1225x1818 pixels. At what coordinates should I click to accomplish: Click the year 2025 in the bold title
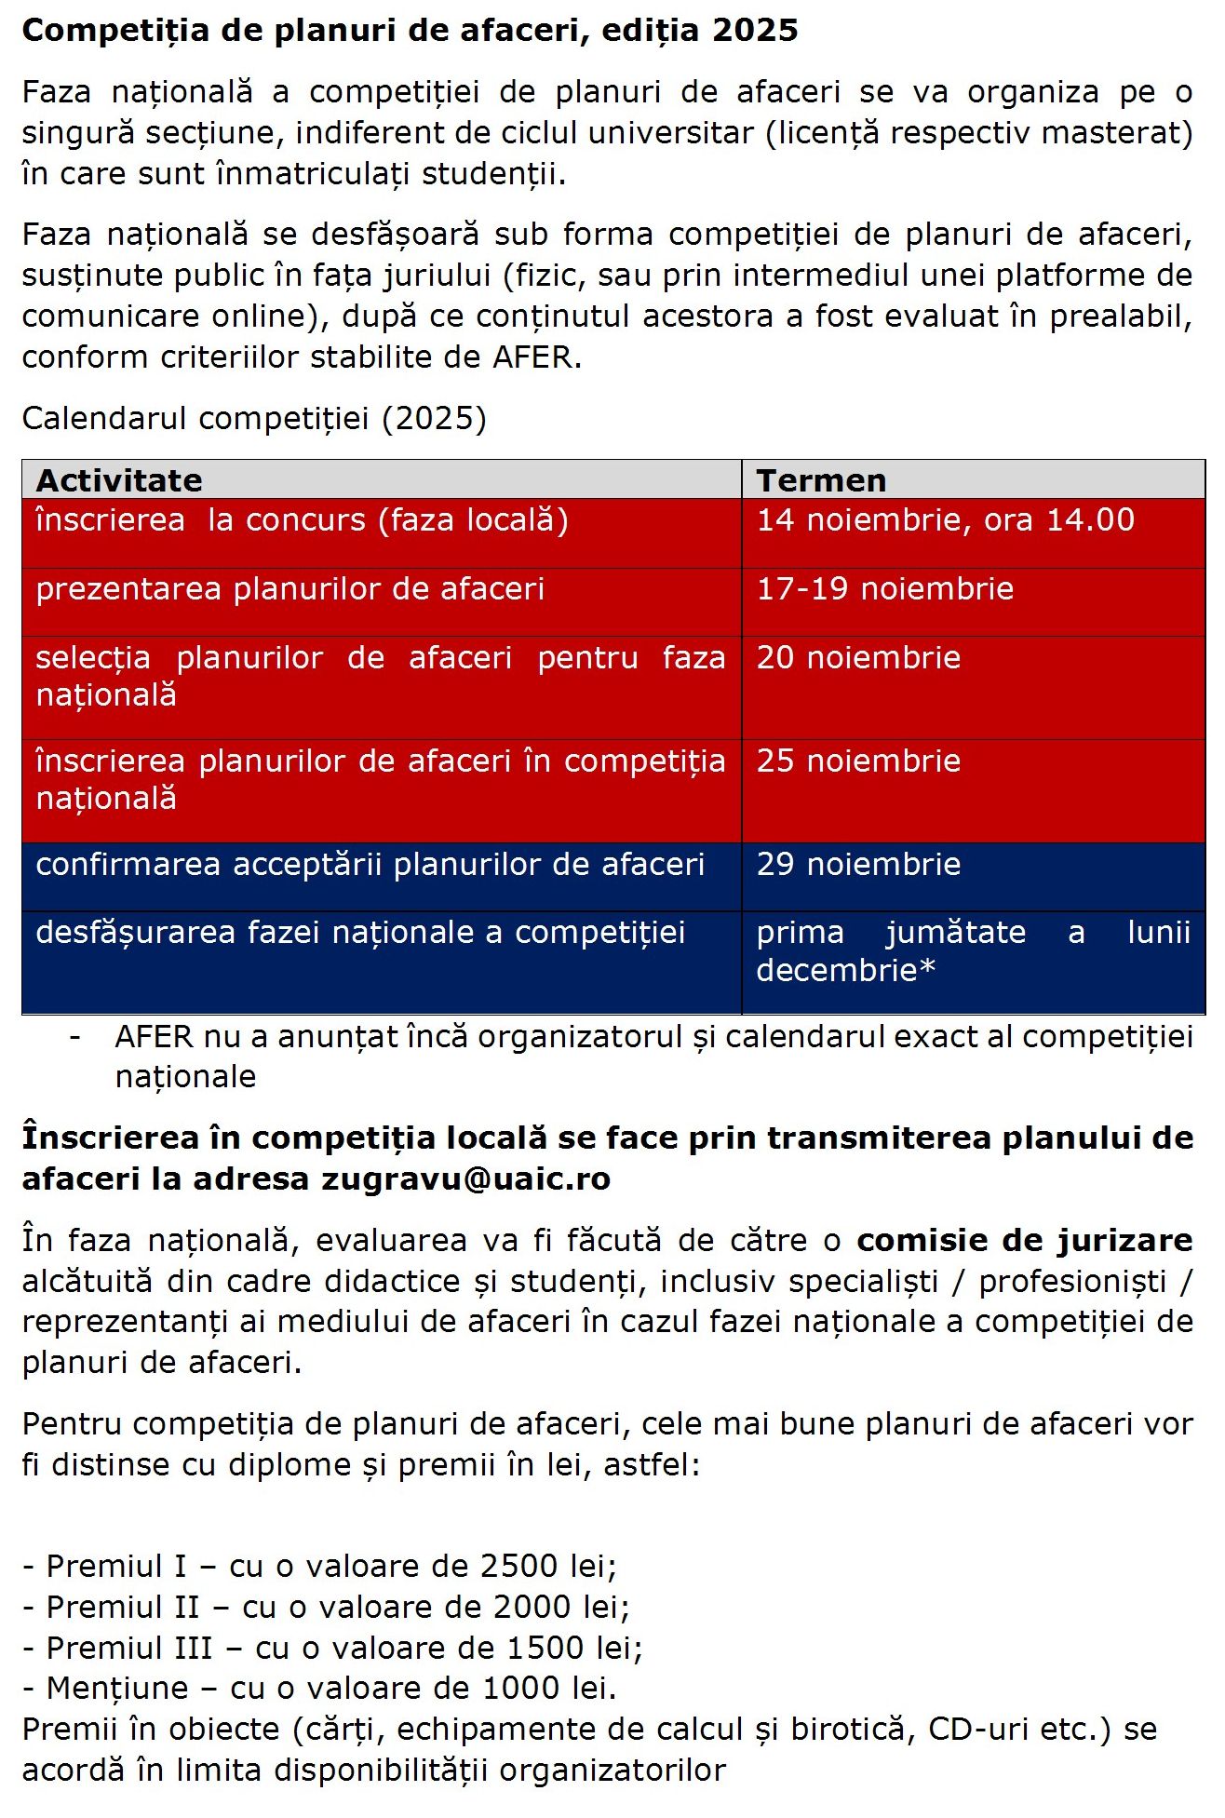click(755, 31)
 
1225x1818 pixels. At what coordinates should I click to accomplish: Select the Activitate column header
click(119, 480)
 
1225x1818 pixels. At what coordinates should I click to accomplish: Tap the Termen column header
click(821, 480)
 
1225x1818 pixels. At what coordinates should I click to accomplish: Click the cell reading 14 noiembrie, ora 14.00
click(945, 520)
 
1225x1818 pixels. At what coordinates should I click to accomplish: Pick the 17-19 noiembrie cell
click(884, 589)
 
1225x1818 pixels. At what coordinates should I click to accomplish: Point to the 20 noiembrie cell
click(857, 658)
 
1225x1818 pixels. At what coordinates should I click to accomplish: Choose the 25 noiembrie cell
click(857, 761)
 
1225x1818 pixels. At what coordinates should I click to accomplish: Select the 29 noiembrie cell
click(857, 865)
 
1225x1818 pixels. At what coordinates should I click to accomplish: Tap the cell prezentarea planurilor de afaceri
click(289, 589)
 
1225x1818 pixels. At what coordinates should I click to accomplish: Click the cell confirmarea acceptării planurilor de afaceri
click(370, 865)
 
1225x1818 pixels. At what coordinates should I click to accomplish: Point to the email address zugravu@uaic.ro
click(466, 1179)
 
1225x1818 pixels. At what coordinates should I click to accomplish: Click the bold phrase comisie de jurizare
click(1024, 1241)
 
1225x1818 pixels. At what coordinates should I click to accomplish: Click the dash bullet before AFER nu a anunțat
click(74, 1037)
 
